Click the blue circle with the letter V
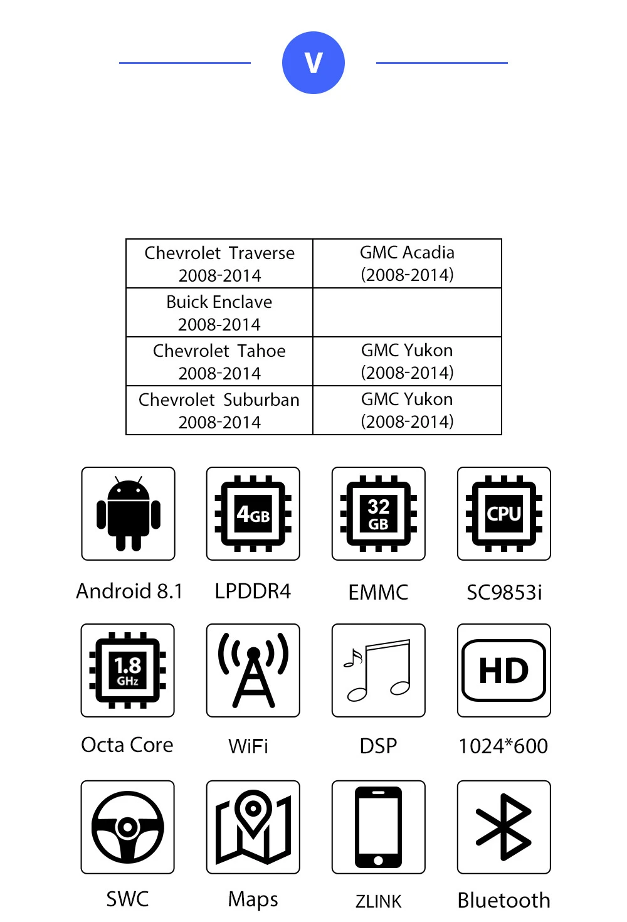click(313, 63)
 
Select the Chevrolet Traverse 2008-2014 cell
click(219, 263)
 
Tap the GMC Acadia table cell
click(407, 263)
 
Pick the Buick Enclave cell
click(219, 312)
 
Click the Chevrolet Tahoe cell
click(219, 361)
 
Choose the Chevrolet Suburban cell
click(219, 410)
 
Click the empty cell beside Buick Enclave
click(407, 312)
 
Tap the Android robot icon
click(128, 513)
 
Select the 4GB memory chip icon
click(253, 513)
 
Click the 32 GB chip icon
click(379, 513)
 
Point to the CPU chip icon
click(504, 513)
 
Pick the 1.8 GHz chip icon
click(127, 670)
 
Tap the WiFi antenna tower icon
click(253, 670)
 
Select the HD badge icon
click(504, 670)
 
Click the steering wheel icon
click(127, 827)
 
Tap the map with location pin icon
click(253, 827)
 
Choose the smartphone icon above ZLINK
click(379, 827)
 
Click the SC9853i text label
click(504, 592)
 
